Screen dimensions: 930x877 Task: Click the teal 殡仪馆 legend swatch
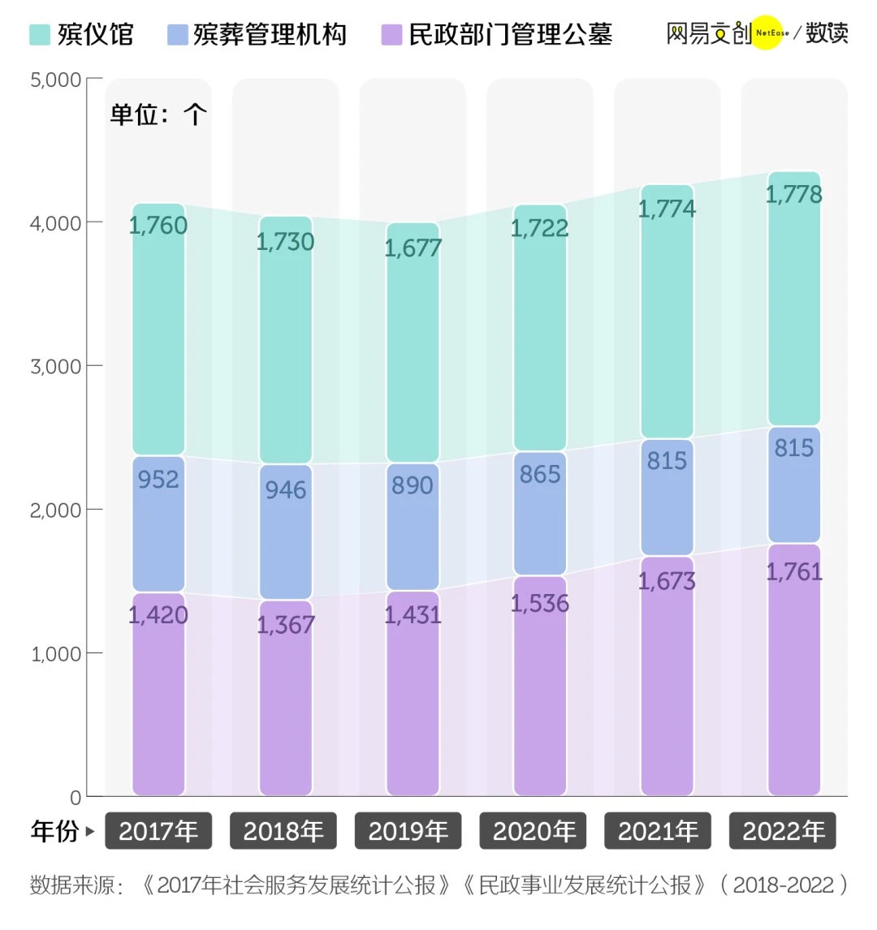point(40,35)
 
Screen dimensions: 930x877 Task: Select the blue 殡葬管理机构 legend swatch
point(177,35)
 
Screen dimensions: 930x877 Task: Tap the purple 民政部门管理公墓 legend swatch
point(391,35)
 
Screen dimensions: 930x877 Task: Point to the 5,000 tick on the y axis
point(56,80)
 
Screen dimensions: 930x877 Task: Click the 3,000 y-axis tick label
point(56,366)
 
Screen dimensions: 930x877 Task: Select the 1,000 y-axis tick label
point(56,653)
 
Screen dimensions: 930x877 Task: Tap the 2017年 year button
point(158,831)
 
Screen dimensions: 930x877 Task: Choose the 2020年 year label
point(534,831)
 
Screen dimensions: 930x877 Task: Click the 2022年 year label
point(784,831)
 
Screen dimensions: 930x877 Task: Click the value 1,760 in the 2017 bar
point(158,225)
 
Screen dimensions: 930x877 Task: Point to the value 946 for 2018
point(285,489)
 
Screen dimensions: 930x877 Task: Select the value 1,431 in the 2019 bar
point(413,614)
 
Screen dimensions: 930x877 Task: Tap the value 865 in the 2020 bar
point(540,474)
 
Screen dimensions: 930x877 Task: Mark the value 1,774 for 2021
point(667,209)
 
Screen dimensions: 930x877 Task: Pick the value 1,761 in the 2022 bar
point(794,571)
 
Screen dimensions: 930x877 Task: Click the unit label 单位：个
point(158,114)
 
